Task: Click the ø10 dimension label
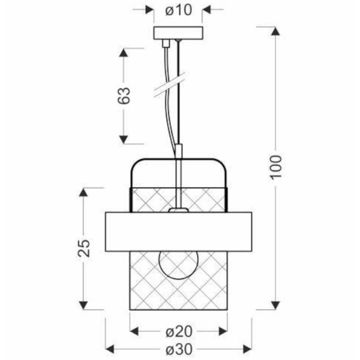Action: [178, 10]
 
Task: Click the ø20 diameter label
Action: [178, 331]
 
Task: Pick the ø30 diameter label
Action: [178, 349]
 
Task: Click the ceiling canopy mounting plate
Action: [178, 33]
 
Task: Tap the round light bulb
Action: [178, 265]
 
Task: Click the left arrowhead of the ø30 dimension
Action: [110, 349]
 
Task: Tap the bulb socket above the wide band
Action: [178, 210]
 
